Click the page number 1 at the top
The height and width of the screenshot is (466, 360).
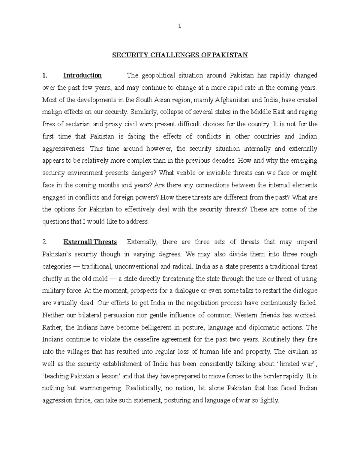click(180, 26)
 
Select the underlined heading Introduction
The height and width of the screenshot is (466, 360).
click(82, 75)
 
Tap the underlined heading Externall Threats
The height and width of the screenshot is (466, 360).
click(90, 242)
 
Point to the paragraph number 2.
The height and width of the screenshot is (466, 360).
click(44, 242)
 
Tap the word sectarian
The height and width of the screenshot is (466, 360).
click(84, 124)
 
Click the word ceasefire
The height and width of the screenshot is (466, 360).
click(146, 340)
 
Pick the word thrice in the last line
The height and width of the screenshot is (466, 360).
click(83, 401)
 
